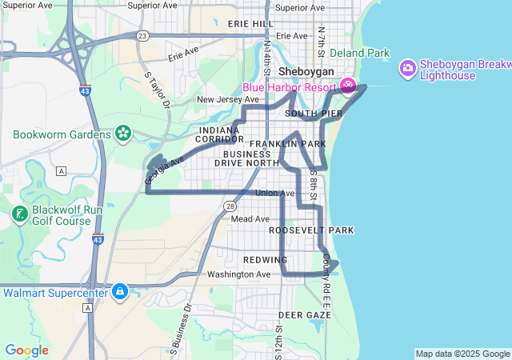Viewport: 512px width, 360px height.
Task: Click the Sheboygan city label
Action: click(306, 71)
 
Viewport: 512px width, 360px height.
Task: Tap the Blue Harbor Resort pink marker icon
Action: click(349, 85)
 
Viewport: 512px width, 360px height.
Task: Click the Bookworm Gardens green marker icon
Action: click(123, 133)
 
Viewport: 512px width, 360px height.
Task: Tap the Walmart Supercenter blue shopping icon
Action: click(120, 291)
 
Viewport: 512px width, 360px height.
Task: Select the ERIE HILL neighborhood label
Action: click(250, 24)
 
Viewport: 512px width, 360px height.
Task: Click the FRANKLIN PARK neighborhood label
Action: click(287, 144)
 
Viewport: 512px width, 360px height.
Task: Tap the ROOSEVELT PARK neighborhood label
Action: click(310, 230)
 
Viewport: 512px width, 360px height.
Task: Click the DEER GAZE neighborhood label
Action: click(304, 315)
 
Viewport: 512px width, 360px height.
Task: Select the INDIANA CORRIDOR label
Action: click(219, 134)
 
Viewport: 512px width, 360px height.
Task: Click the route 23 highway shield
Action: click(142, 36)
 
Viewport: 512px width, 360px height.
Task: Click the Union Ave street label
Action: click(275, 194)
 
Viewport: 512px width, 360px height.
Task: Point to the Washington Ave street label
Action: click(239, 274)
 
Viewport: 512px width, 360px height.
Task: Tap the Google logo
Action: click(26, 350)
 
